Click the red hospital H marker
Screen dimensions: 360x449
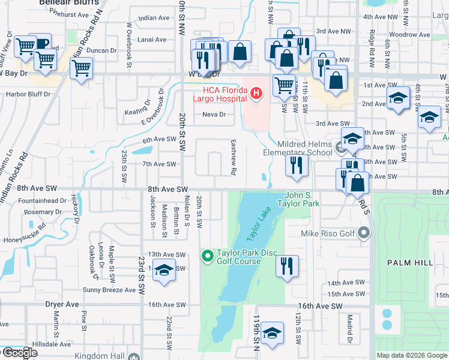(256, 93)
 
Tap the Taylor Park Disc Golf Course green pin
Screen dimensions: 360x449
(208, 257)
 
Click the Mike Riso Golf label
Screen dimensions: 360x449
(328, 233)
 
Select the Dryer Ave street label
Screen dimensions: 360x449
(62, 304)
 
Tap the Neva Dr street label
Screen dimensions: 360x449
(214, 115)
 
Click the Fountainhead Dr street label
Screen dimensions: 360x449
(42, 200)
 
